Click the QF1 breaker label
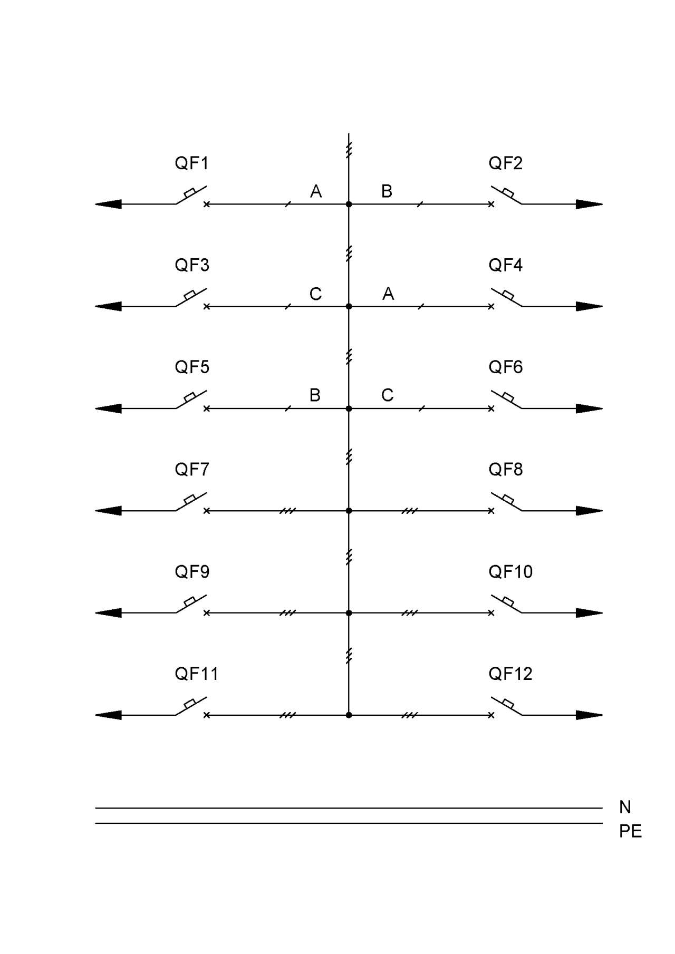(191, 163)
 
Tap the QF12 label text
(510, 674)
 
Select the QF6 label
(506, 367)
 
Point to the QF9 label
(192, 571)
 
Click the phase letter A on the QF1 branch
(316, 191)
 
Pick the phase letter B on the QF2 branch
(387, 191)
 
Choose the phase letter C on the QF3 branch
(315, 294)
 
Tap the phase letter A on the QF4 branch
(388, 294)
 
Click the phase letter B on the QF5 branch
(315, 395)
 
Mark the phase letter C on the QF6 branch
(388, 395)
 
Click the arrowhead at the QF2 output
(589, 204)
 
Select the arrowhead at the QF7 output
(108, 511)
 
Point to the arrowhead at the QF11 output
(108, 715)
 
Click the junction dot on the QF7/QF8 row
(349, 511)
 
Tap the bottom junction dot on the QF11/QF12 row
(349, 715)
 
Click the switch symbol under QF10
(506, 604)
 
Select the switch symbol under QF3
(191, 298)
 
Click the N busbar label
(625, 807)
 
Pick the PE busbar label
(630, 831)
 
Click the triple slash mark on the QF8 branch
(410, 511)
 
